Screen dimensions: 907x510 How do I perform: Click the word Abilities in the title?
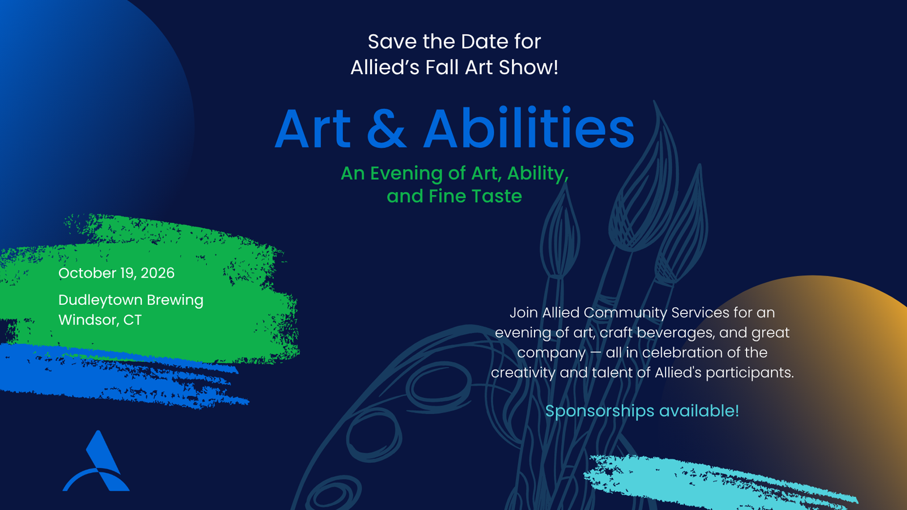[x=529, y=127]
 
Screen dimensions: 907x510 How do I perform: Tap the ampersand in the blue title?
[x=386, y=129]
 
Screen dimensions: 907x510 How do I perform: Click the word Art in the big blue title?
[x=312, y=129]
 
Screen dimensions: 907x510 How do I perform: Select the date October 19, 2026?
[x=116, y=273]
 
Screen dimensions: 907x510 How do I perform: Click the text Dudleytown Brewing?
[x=131, y=300]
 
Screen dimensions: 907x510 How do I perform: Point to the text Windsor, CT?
[x=100, y=320]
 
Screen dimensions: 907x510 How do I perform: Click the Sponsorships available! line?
[x=642, y=411]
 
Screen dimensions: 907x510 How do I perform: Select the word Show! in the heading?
[x=528, y=67]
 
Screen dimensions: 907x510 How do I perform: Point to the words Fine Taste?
[x=476, y=196]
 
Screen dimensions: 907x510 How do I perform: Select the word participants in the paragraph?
[x=748, y=373]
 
